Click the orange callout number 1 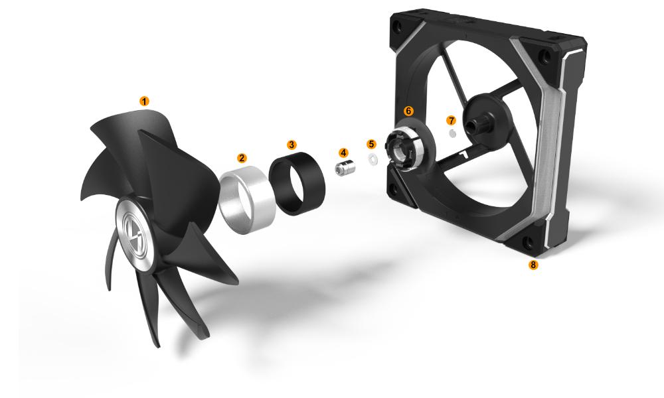pyautogui.click(x=144, y=101)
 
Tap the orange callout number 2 pyautogui.click(x=242, y=158)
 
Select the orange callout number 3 pyautogui.click(x=291, y=145)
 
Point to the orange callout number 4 pyautogui.click(x=343, y=153)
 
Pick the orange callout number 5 pyautogui.click(x=371, y=144)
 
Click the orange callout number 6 pyautogui.click(x=408, y=111)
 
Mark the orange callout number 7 pyautogui.click(x=452, y=121)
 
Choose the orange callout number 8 pyautogui.click(x=533, y=265)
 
